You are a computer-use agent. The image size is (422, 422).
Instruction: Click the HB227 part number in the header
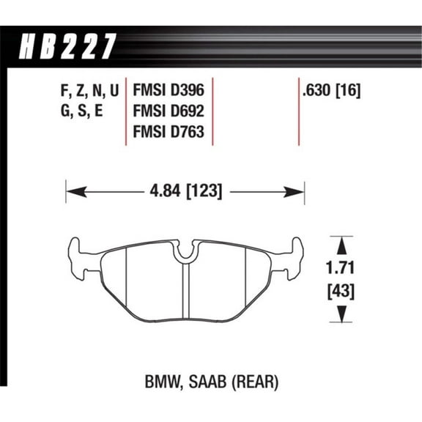pos(65,45)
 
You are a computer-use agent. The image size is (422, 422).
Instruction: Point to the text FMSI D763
pos(168,133)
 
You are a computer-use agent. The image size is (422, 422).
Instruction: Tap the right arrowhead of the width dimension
pos(300,193)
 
